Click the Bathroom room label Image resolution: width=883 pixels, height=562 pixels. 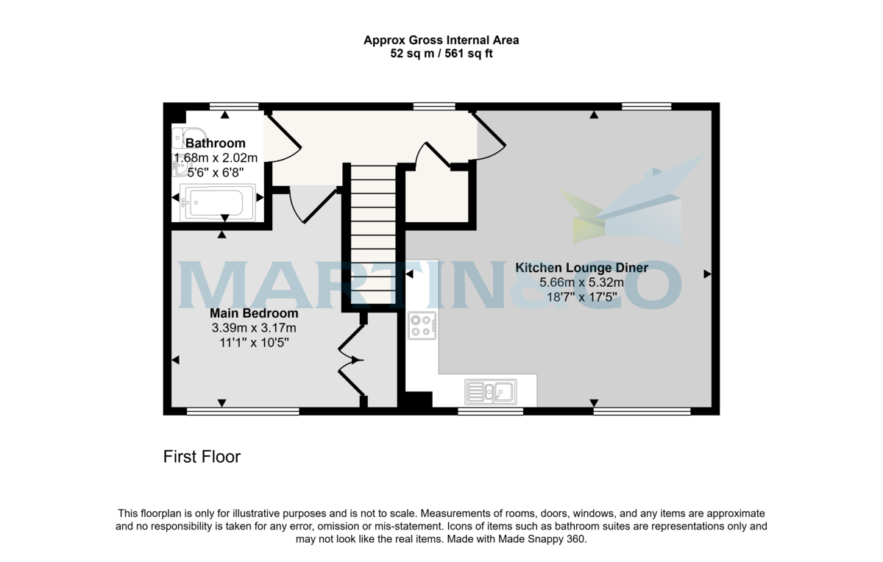pyautogui.click(x=215, y=143)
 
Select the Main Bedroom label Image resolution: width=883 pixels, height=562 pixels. pyautogui.click(x=254, y=313)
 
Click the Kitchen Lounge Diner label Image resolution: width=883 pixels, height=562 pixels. pyautogui.click(x=581, y=268)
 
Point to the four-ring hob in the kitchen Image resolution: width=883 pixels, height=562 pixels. pyautogui.click(x=422, y=325)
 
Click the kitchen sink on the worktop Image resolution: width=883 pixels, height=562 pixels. pyautogui.click(x=490, y=391)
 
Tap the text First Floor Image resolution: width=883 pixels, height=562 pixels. pyautogui.click(x=202, y=457)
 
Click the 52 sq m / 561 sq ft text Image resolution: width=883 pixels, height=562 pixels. pyautogui.click(x=441, y=54)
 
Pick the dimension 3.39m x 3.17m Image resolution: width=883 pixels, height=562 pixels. pyautogui.click(x=254, y=328)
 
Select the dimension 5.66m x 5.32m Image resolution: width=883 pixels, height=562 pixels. pyautogui.click(x=581, y=282)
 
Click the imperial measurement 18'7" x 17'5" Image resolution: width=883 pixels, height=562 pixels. pyautogui.click(x=581, y=298)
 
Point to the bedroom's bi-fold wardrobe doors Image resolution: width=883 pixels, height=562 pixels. pyautogui.click(x=351, y=360)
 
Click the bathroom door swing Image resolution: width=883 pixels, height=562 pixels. pyautogui.click(x=283, y=140)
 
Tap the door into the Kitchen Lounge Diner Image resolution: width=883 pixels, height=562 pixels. pyautogui.click(x=489, y=136)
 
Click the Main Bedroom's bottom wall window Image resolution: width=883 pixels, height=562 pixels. pyautogui.click(x=243, y=411)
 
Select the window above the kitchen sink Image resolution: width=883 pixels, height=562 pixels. pyautogui.click(x=490, y=411)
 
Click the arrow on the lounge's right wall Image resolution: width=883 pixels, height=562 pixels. pyautogui.click(x=707, y=274)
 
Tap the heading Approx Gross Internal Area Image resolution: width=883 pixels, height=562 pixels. pyautogui.click(x=441, y=40)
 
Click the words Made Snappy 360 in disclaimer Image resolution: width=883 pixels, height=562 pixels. pyautogui.click(x=545, y=539)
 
